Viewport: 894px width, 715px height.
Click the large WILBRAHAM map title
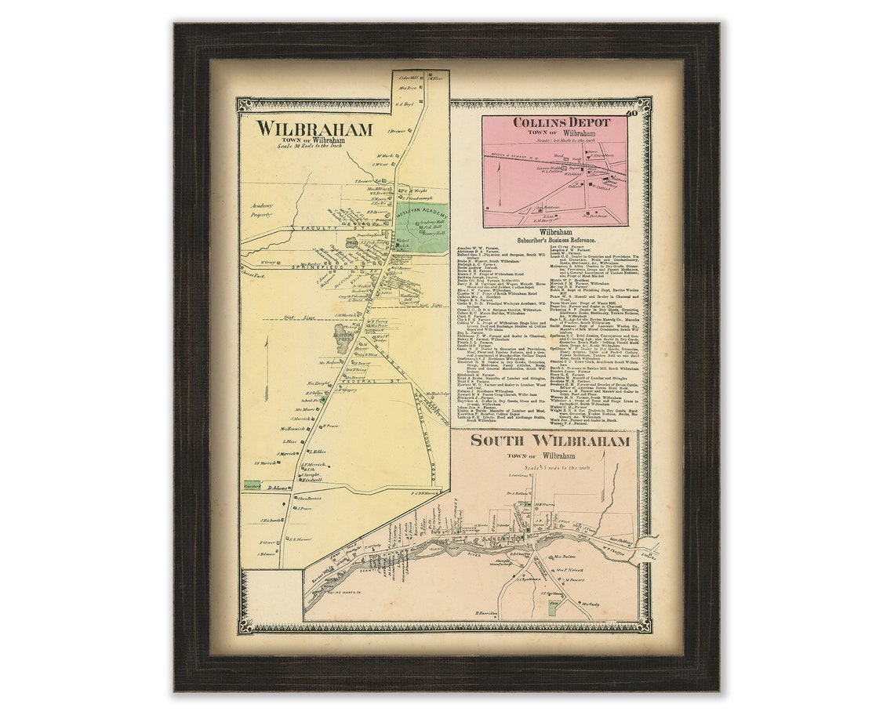click(314, 129)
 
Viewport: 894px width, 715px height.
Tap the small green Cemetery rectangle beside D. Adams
click(252, 486)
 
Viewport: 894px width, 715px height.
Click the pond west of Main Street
click(343, 339)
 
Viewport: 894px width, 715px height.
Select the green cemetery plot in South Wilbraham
click(551, 608)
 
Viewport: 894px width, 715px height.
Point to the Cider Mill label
click(411, 77)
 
